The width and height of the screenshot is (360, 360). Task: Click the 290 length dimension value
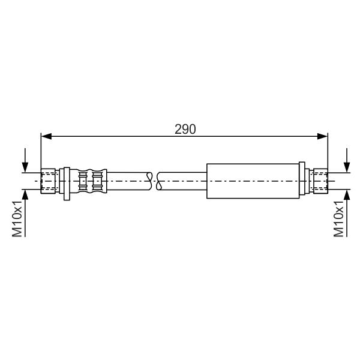coord(185,129)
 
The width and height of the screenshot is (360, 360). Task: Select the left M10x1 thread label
coord(17,218)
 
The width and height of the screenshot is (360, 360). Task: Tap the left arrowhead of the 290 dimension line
coord(46,136)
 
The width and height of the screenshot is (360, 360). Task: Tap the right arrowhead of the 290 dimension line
coord(322,136)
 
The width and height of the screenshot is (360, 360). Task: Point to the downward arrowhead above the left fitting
coord(25,167)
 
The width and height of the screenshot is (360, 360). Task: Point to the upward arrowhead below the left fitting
coord(25,195)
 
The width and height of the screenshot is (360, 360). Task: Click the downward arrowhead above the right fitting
coord(347,167)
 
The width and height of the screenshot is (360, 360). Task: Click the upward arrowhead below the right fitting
coord(347,195)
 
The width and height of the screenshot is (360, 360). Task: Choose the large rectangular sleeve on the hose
coord(253,181)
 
